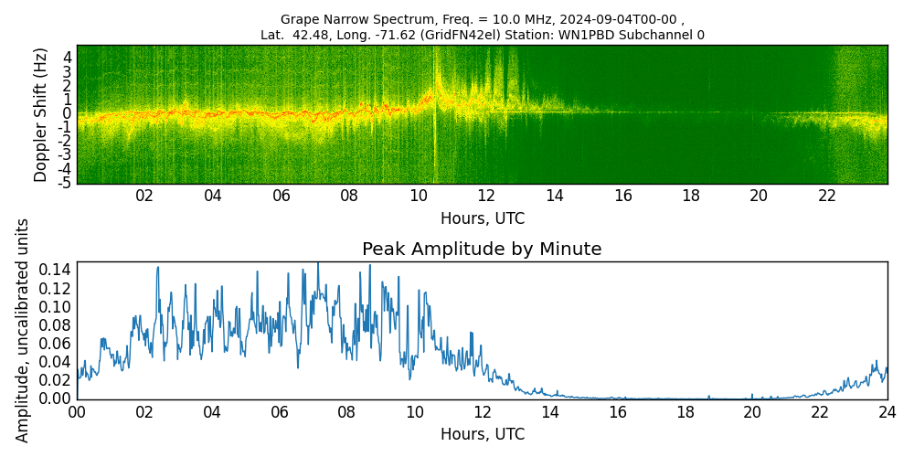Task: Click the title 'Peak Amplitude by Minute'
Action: [x=482, y=250]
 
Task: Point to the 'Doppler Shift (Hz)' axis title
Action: [x=40, y=114]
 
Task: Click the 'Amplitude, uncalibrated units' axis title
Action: [x=23, y=330]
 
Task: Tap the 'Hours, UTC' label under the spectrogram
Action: [x=482, y=219]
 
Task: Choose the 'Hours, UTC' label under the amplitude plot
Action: [x=482, y=434]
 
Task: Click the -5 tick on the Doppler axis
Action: [x=65, y=183]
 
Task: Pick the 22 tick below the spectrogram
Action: [x=827, y=196]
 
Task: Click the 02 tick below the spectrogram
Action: [x=144, y=196]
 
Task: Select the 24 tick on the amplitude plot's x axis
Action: [x=887, y=412]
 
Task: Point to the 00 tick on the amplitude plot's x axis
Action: [x=77, y=412]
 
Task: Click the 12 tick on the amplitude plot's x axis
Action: [x=482, y=412]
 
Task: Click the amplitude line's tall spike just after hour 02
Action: [x=157, y=268]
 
